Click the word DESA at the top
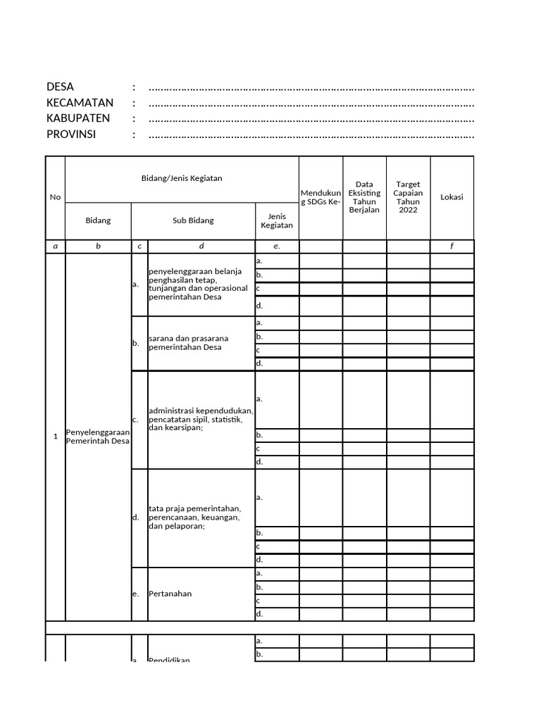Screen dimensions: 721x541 60,87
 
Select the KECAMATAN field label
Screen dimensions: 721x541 80,103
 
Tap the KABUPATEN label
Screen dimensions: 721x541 78,118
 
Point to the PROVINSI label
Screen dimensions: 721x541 71,134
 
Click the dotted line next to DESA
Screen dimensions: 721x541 311,88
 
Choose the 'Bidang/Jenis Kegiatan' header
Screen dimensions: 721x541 182,178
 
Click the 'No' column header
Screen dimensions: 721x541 55,197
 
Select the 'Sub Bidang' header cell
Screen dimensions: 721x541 193,220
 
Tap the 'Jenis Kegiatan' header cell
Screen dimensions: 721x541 277,220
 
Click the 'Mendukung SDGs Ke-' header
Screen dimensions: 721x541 321,197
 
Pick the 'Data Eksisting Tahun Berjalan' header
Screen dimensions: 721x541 364,197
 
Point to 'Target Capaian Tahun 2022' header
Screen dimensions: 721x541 408,197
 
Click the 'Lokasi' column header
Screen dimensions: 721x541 452,197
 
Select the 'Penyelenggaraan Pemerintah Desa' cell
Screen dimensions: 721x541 98,437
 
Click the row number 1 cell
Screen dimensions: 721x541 55,437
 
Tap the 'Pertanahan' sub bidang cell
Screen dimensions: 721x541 170,594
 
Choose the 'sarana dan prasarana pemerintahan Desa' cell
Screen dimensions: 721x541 189,343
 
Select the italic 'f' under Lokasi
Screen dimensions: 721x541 452,246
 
